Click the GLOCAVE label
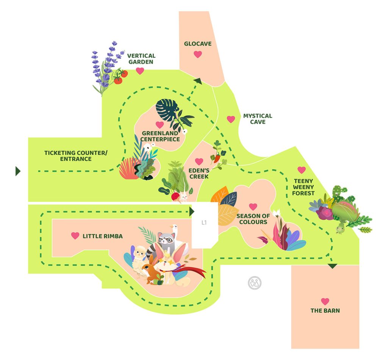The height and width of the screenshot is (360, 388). click(198, 44)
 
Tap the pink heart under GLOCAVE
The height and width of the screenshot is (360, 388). click(198, 54)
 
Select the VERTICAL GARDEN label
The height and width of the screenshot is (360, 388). click(141, 58)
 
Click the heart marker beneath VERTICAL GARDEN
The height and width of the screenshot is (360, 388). click(140, 71)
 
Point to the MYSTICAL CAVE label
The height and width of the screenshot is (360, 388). click(257, 119)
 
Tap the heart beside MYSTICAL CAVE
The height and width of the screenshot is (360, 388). click(231, 119)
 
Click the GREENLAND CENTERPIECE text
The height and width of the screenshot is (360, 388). click(160, 136)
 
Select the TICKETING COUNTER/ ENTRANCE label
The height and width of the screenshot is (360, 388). click(76, 156)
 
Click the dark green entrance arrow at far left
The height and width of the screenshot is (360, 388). click(17, 171)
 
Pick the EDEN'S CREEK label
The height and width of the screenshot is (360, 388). click(199, 173)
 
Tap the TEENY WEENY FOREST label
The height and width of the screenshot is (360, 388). click(303, 187)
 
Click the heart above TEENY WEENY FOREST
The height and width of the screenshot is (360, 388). click(302, 170)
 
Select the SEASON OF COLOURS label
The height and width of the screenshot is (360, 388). click(253, 219)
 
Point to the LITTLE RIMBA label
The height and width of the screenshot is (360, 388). click(102, 236)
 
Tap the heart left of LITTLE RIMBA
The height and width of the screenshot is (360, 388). click(75, 236)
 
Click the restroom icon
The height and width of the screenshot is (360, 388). click(255, 283)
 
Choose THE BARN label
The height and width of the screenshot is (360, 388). click(325, 310)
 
